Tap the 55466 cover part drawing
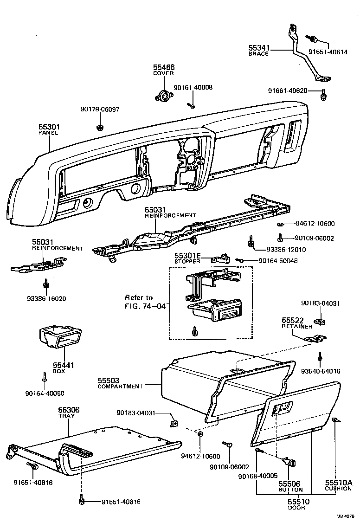click(x=163, y=96)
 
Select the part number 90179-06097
click(x=100, y=110)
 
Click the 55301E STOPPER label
click(x=187, y=258)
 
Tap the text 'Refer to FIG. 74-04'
click(x=145, y=302)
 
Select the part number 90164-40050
click(x=45, y=393)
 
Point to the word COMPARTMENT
click(x=120, y=386)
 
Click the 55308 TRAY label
click(x=69, y=413)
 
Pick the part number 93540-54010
click(x=321, y=371)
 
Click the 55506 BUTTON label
click(x=290, y=486)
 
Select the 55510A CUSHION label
click(x=338, y=485)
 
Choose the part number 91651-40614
click(x=328, y=52)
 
